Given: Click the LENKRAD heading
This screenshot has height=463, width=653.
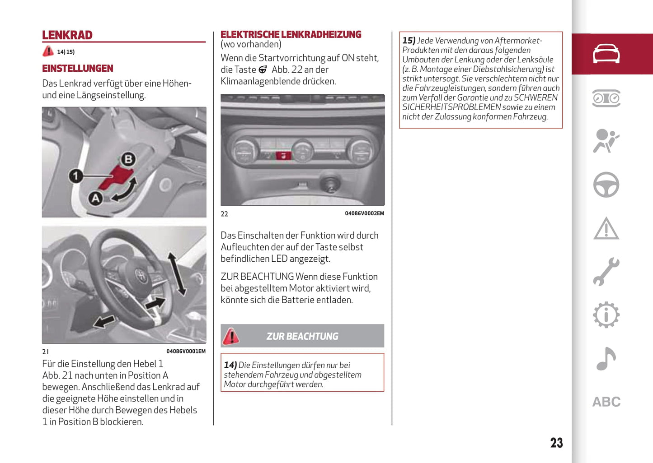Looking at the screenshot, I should click(x=67, y=35).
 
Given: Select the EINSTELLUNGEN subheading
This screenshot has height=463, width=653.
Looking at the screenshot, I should click(x=78, y=69).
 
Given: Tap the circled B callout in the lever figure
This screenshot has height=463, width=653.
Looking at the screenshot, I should click(x=128, y=159).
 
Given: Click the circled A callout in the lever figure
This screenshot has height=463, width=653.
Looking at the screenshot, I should click(x=95, y=198).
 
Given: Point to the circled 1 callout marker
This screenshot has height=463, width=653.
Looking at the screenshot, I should click(x=75, y=176).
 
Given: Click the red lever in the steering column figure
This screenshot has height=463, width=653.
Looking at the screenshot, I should click(x=116, y=177).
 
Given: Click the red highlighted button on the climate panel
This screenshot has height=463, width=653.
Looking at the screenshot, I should click(x=283, y=156).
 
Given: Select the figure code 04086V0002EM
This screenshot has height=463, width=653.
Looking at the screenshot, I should click(x=364, y=213).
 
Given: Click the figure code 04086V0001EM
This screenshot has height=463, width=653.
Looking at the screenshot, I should click(x=186, y=352).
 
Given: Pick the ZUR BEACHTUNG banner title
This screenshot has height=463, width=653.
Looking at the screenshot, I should click(x=302, y=336).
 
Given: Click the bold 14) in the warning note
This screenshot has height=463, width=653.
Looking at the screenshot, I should click(x=230, y=365).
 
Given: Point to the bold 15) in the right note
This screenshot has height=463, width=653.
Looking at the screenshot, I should click(x=409, y=41).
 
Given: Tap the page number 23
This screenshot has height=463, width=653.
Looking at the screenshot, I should click(x=556, y=443).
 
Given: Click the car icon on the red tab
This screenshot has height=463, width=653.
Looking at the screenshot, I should click(x=606, y=54).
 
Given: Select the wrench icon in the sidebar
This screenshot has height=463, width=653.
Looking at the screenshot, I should click(x=606, y=272).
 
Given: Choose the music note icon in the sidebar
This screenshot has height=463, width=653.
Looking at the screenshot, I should click(x=606, y=359).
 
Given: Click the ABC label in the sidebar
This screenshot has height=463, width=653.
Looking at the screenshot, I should click(x=606, y=402).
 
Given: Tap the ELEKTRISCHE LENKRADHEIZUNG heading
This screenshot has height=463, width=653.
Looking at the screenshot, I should click(x=291, y=34).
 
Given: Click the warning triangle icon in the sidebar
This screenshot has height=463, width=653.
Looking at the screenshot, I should click(x=606, y=228).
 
